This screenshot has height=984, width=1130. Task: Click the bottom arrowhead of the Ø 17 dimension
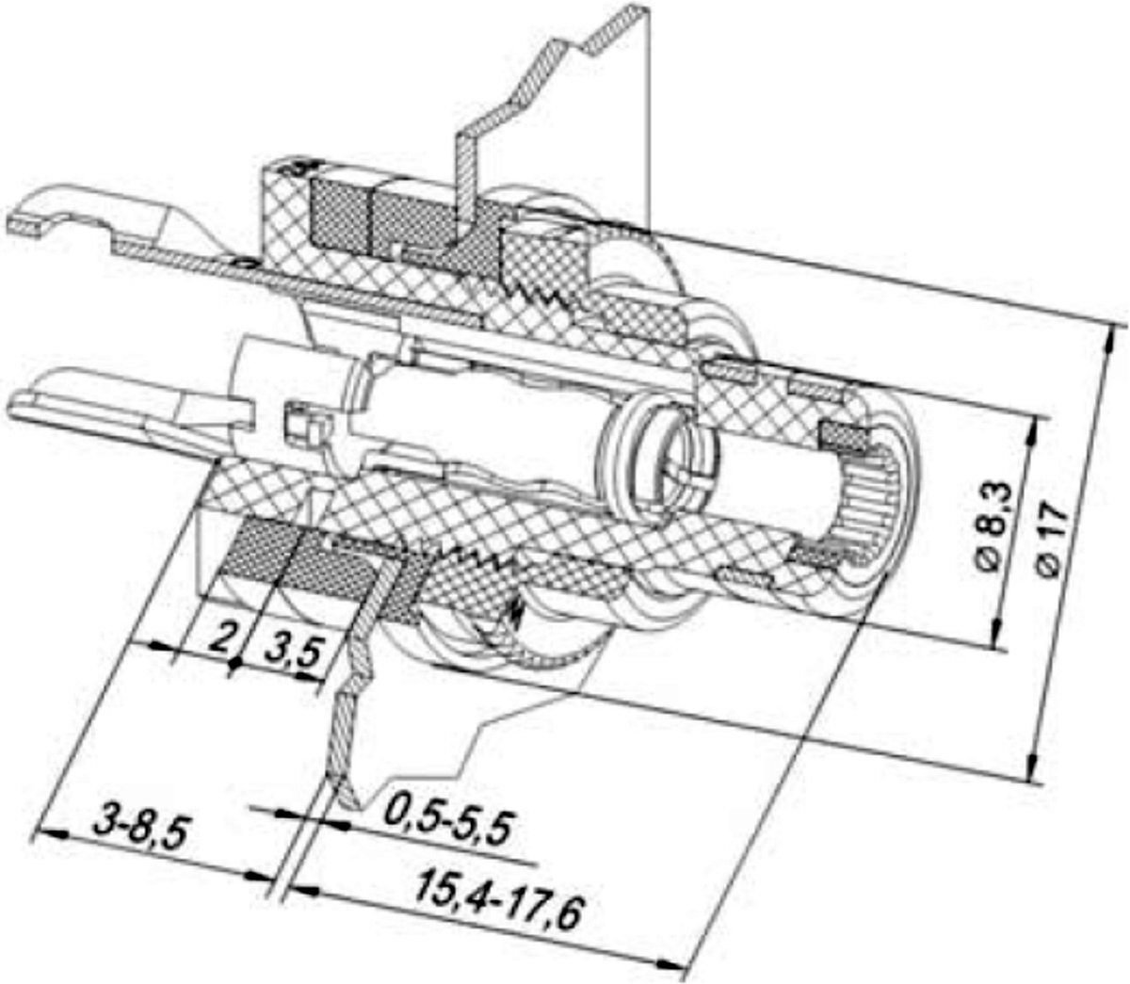click(1034, 770)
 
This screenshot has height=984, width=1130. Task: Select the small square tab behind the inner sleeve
click(299, 421)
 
